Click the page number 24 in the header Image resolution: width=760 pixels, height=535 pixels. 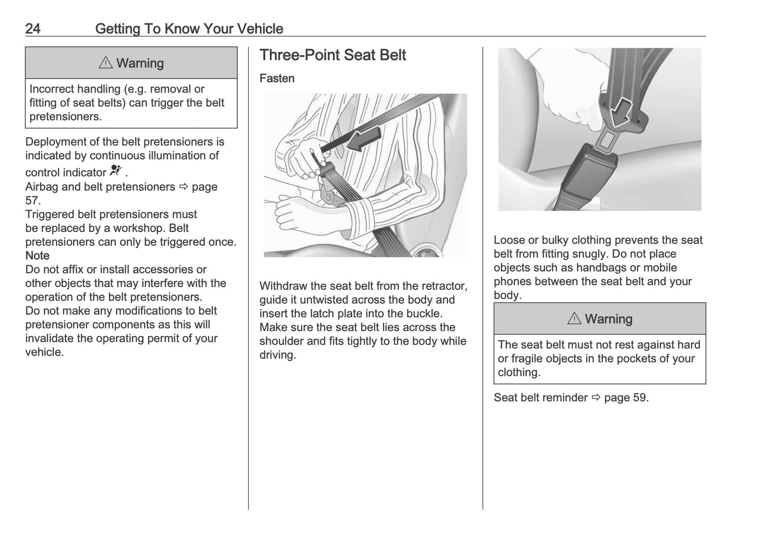tap(33, 28)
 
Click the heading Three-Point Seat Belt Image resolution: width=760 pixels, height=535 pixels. tap(332, 55)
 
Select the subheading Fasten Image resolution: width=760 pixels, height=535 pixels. tap(277, 78)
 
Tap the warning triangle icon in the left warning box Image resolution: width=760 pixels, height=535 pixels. tap(105, 63)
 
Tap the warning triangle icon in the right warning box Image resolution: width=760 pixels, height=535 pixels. tap(574, 318)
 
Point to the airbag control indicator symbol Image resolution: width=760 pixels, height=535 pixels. tap(116, 171)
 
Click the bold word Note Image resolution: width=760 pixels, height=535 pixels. tap(37, 255)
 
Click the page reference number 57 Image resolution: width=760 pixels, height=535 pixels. tap(32, 200)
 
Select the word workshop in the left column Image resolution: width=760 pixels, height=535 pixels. tap(139, 228)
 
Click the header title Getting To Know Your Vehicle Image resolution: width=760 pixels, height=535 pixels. tap(189, 28)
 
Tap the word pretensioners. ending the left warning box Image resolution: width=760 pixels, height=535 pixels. tap(66, 117)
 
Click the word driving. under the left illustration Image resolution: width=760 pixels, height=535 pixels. tap(278, 355)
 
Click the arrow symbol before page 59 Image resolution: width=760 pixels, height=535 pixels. tap(596, 397)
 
